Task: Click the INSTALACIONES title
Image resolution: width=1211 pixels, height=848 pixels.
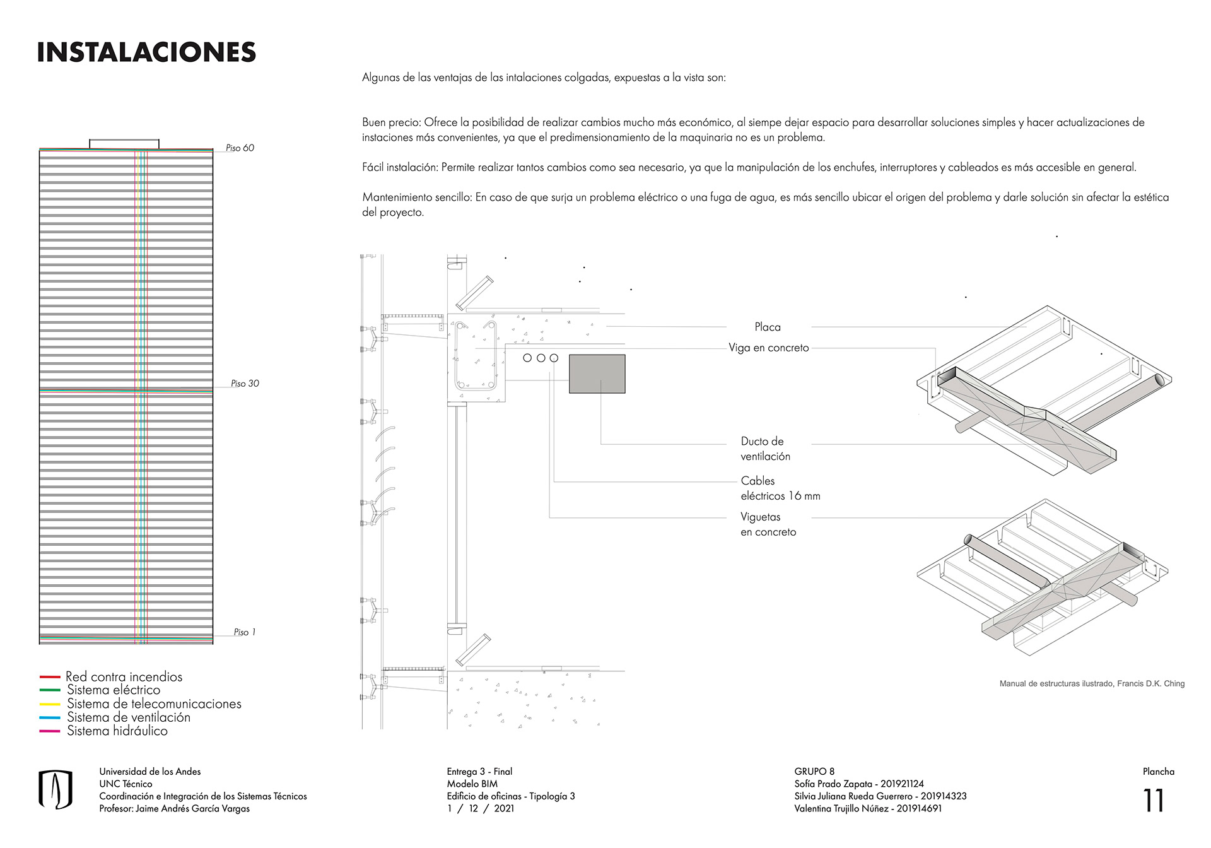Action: click(x=146, y=52)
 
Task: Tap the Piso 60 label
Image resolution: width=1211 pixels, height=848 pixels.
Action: click(x=240, y=148)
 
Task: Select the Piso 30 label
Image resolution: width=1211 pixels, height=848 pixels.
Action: click(x=245, y=383)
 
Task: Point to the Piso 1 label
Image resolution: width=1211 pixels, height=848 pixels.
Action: click(x=244, y=632)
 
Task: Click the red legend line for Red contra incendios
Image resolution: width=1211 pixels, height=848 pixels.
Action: click(x=50, y=677)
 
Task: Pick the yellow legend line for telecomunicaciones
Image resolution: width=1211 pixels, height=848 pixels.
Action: click(x=50, y=704)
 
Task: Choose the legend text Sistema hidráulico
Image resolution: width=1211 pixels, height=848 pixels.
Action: click(x=117, y=731)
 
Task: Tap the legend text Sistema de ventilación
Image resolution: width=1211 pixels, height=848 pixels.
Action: click(x=129, y=717)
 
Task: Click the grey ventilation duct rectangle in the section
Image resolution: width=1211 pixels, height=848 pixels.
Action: click(x=597, y=374)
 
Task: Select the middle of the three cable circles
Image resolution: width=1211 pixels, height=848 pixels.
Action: click(x=541, y=358)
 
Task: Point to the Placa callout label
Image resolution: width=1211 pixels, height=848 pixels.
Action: click(x=768, y=327)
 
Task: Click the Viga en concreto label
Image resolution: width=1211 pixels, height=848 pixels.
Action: click(x=768, y=348)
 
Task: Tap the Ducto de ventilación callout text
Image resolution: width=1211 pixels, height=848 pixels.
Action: click(x=765, y=449)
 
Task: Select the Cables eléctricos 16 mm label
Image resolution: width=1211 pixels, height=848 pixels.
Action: click(x=780, y=488)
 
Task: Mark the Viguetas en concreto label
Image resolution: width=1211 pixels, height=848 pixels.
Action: click(x=768, y=524)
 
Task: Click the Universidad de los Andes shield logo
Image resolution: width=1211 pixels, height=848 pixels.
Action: click(x=56, y=789)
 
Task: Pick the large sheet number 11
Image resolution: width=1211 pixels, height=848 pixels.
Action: click(x=1154, y=801)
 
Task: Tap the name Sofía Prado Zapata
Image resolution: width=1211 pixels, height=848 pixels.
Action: click(x=833, y=784)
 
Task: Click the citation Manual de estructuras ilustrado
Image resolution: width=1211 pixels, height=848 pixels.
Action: click(x=1091, y=683)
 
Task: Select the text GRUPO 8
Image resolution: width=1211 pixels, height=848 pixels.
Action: click(x=814, y=771)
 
